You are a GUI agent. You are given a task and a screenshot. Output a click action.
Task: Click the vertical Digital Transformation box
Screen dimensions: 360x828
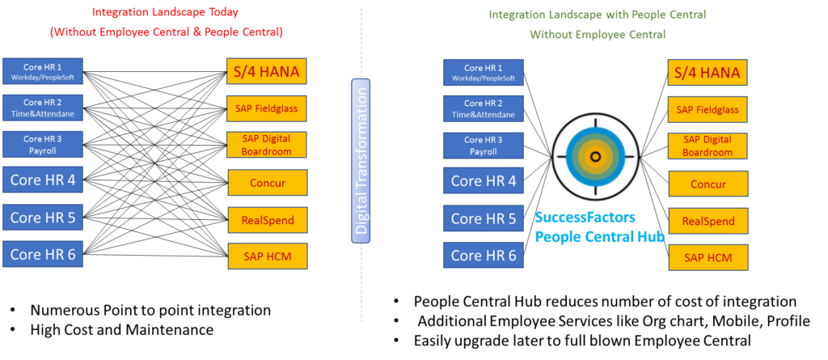tap(361, 161)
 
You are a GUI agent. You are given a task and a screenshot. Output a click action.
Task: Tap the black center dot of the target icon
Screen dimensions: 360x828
tap(595, 156)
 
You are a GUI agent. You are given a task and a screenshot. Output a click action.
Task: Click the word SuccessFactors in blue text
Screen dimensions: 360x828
tap(585, 218)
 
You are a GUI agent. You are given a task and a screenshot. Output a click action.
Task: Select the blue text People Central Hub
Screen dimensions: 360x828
tap(599, 236)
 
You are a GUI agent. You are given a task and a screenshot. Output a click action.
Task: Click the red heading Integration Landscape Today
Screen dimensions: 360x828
tap(165, 12)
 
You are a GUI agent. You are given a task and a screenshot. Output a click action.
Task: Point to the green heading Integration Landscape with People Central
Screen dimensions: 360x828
tap(597, 15)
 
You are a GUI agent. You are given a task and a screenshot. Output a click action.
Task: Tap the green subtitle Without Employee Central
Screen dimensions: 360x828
tap(597, 35)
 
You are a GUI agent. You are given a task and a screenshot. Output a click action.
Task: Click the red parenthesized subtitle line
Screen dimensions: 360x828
tap(166, 32)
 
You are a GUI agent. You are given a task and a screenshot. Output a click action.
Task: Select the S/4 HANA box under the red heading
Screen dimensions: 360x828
tap(266, 71)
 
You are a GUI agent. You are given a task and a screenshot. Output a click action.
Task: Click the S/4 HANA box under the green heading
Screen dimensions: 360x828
tap(707, 72)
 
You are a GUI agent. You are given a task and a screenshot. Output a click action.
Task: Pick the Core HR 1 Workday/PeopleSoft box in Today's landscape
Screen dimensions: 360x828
tap(42, 71)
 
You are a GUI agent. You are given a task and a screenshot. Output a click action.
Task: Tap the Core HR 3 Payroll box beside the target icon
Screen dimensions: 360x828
tap(483, 145)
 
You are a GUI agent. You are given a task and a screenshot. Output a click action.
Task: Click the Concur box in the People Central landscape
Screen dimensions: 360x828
tap(708, 184)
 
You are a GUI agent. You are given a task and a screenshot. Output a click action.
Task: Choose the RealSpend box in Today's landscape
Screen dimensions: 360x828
tap(267, 219)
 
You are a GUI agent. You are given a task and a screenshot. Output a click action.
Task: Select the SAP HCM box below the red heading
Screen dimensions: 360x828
tap(267, 256)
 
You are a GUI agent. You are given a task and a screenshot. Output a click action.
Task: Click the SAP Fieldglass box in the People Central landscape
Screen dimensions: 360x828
tap(707, 109)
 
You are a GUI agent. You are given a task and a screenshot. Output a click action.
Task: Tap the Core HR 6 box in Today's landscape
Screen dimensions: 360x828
tap(42, 254)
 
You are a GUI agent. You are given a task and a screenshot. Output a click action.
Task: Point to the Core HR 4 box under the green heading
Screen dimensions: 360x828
tap(483, 180)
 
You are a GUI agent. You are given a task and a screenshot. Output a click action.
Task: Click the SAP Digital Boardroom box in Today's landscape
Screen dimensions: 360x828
tap(266, 145)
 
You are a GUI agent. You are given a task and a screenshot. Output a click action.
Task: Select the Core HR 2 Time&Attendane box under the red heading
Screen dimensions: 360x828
tap(42, 108)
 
